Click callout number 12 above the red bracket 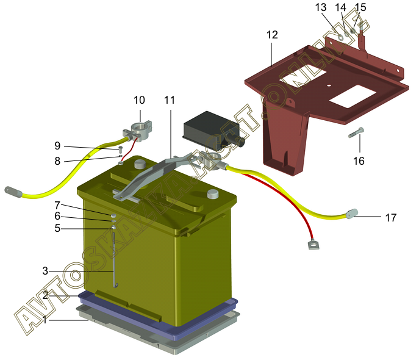pyautogui.click(x=272, y=35)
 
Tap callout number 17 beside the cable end pyautogui.click(x=391, y=218)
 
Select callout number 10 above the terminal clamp pyautogui.click(x=139, y=100)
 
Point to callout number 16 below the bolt pyautogui.click(x=359, y=161)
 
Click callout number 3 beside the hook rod pyautogui.click(x=45, y=271)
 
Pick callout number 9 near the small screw pyautogui.click(x=57, y=146)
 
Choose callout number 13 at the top pyautogui.click(x=321, y=7)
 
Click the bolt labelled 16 pyautogui.click(x=356, y=132)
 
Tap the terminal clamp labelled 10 pyautogui.click(x=138, y=132)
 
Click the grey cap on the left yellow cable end pyautogui.click(x=13, y=192)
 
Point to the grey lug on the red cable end pyautogui.click(x=313, y=244)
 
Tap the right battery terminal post pyautogui.click(x=213, y=193)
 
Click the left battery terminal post pyautogui.click(x=139, y=164)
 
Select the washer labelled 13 pyautogui.click(x=341, y=37)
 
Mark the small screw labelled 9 pyautogui.click(x=121, y=149)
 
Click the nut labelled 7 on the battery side pyautogui.click(x=113, y=215)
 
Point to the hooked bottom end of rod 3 pyautogui.click(x=116, y=286)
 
